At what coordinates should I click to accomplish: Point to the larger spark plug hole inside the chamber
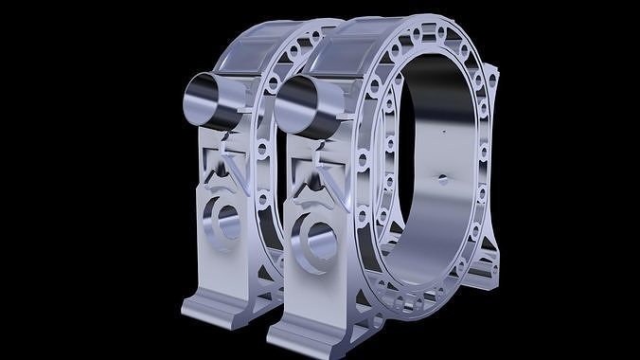pos(439,177)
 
